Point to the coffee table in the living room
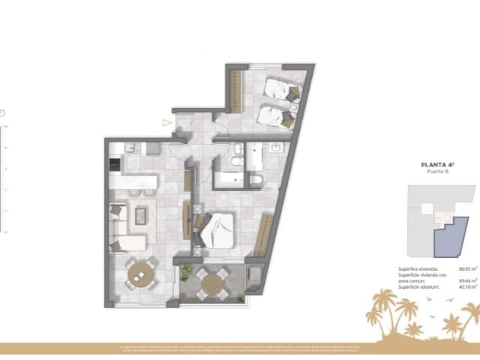(x=141, y=216)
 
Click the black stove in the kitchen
(x=115, y=164)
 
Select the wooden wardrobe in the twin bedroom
(x=235, y=88)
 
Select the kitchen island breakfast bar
(x=133, y=181)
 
